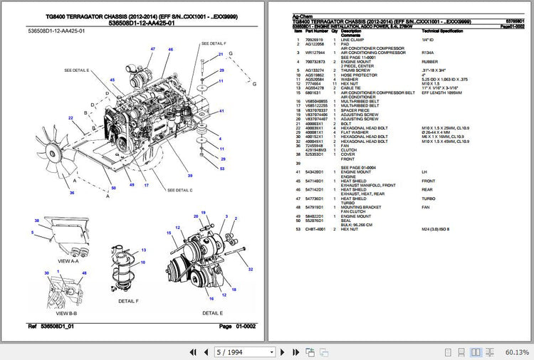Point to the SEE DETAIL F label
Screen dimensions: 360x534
(x=214, y=43)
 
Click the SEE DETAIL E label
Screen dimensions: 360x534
(x=77, y=70)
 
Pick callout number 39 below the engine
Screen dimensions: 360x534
(x=189, y=175)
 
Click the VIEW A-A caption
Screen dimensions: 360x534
(x=68, y=261)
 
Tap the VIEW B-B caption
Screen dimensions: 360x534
(x=66, y=313)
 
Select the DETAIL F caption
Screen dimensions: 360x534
(x=129, y=301)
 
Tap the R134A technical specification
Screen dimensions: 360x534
(x=427, y=52)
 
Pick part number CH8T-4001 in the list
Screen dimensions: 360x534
(x=315, y=229)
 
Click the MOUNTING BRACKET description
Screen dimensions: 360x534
(x=360, y=207)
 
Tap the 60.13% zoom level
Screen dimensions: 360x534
(x=517, y=352)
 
